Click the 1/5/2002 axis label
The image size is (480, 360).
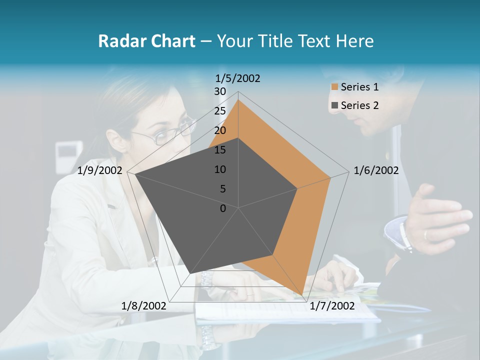pos(238,78)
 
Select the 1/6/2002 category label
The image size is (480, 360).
pos(376,170)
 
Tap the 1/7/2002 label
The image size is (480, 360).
pos(331,306)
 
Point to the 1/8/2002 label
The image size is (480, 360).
pos(144,306)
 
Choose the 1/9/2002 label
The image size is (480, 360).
pos(100,170)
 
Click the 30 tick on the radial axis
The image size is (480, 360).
pos(220,91)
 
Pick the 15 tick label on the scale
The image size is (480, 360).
pos(220,150)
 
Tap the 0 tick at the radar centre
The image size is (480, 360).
pos(223,208)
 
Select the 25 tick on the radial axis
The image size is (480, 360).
pos(220,111)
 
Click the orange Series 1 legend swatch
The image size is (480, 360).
pos(334,87)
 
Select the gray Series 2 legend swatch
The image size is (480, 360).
pos(334,105)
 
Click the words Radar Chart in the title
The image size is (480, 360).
pos(146,41)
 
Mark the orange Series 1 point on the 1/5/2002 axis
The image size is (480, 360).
pos(238,99)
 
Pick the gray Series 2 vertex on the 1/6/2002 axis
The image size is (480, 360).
pos(297,188)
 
